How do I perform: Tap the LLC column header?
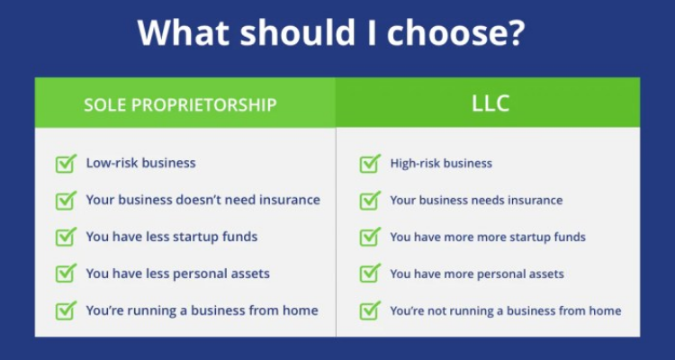pyautogui.click(x=490, y=103)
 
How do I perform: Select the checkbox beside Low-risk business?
pyautogui.click(x=65, y=164)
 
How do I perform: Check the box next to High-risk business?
pyautogui.click(x=369, y=164)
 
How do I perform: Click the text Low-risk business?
pyautogui.click(x=140, y=163)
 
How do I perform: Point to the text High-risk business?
pyautogui.click(x=440, y=164)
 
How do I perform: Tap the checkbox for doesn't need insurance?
pyautogui.click(x=65, y=201)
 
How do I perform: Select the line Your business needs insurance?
pyautogui.click(x=476, y=200)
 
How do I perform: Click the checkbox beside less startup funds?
pyautogui.click(x=65, y=238)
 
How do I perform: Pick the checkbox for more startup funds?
pyautogui.click(x=369, y=238)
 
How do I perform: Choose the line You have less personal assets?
pyautogui.click(x=177, y=274)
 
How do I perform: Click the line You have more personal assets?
pyautogui.click(x=477, y=274)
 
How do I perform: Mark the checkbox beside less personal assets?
pyautogui.click(x=65, y=274)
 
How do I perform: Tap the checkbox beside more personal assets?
pyautogui.click(x=369, y=274)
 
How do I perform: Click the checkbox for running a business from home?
pyautogui.click(x=65, y=310)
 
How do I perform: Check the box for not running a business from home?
pyautogui.click(x=369, y=310)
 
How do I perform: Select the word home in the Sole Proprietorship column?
pyautogui.click(x=301, y=310)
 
